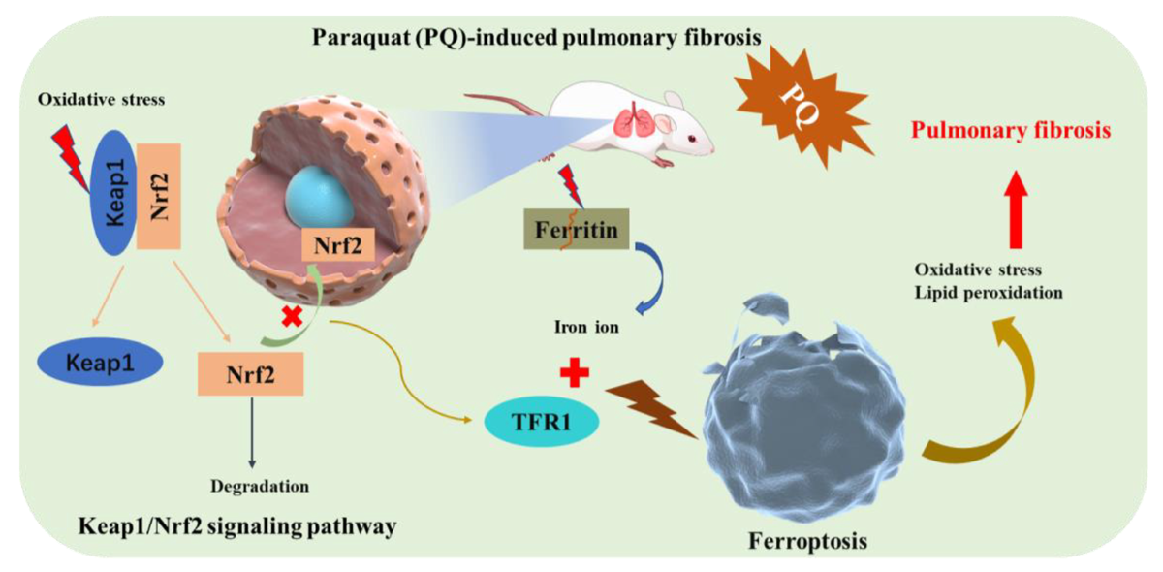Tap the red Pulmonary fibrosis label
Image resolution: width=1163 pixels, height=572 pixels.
pyautogui.click(x=1011, y=130)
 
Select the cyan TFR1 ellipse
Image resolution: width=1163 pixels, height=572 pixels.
pyautogui.click(x=542, y=422)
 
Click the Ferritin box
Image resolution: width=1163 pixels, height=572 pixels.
pyautogui.click(x=577, y=229)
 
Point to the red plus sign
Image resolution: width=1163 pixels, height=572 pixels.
pyautogui.click(x=575, y=372)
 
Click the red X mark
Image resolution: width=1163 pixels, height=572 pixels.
pyautogui.click(x=292, y=316)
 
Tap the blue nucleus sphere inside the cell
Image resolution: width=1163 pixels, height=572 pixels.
pyautogui.click(x=320, y=198)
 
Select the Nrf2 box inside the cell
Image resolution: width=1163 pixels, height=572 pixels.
pyautogui.click(x=338, y=244)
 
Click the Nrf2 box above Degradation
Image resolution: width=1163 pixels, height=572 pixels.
pyautogui.click(x=250, y=374)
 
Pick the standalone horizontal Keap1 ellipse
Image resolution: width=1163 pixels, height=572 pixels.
pyautogui.click(x=100, y=363)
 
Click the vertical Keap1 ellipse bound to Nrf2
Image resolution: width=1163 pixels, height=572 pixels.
pyautogui.click(x=113, y=192)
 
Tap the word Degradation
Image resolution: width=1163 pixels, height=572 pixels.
pyautogui.click(x=260, y=487)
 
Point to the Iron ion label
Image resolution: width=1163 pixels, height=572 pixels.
pyautogui.click(x=586, y=327)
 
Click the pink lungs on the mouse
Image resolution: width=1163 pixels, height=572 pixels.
pyautogui.click(x=631, y=124)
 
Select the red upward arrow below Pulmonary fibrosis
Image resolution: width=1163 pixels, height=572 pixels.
pyautogui.click(x=1016, y=209)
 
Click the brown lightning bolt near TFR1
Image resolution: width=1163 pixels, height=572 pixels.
pyautogui.click(x=651, y=408)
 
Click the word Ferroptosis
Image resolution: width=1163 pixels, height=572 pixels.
pyautogui.click(x=808, y=541)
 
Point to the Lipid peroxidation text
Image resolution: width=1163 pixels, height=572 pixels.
pyautogui.click(x=989, y=293)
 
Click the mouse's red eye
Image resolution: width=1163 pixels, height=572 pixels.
pyautogui.click(x=692, y=139)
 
